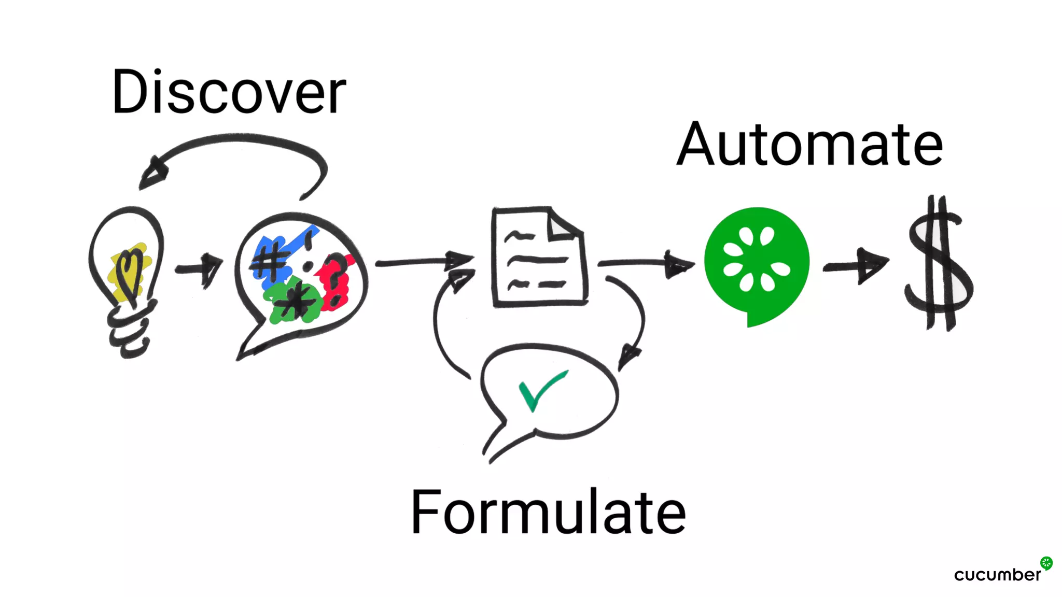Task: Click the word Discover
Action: [x=229, y=92]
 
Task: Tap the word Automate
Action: [x=809, y=145]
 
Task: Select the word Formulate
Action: [x=548, y=513]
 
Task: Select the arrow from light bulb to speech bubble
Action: [x=200, y=268]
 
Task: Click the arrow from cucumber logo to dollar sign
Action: [x=856, y=265]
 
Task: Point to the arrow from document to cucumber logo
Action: [x=646, y=263]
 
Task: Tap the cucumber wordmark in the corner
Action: [x=997, y=575]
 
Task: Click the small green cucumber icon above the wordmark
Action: [x=1046, y=563]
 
